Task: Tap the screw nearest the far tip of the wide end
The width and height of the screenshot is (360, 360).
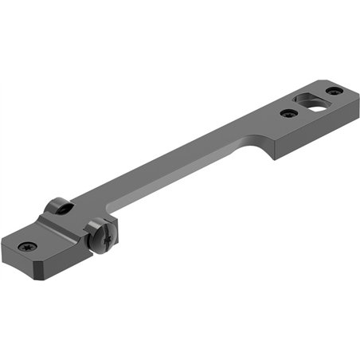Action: pyautogui.click(x=334, y=91)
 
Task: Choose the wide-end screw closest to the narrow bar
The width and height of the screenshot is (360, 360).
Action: pyautogui.click(x=289, y=113)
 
